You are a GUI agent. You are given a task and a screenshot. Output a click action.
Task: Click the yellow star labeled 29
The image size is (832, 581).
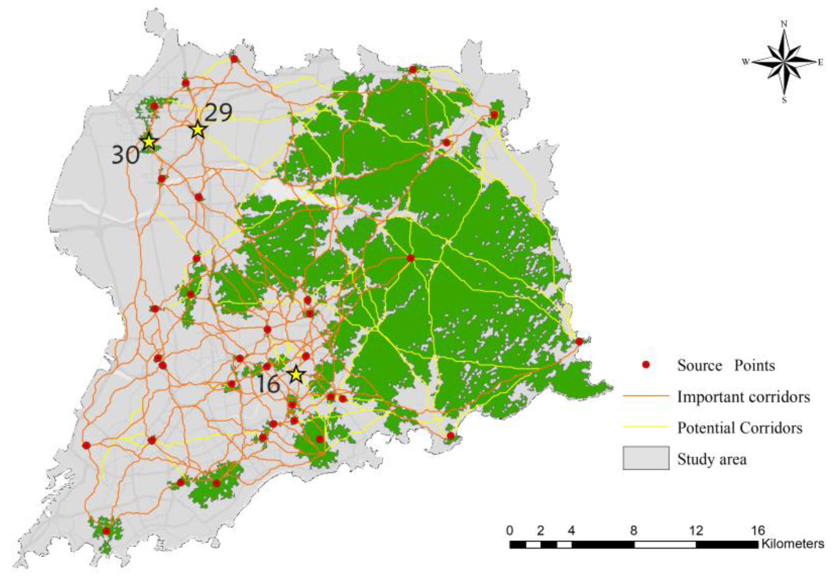click(198, 130)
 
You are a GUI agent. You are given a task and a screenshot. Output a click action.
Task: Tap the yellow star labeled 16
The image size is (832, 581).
click(296, 374)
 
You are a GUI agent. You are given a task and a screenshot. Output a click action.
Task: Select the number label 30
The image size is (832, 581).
click(125, 155)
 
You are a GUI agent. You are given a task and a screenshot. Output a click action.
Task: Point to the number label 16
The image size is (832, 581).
click(268, 384)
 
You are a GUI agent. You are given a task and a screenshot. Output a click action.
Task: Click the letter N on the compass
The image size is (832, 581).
click(784, 24)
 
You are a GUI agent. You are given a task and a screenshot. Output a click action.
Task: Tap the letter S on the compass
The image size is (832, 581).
click(784, 101)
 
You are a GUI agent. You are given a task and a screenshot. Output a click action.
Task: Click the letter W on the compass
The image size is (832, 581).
click(745, 62)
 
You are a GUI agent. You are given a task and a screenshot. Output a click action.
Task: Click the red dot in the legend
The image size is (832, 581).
click(645, 365)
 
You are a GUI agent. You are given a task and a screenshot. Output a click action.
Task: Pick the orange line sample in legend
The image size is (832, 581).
click(646, 396)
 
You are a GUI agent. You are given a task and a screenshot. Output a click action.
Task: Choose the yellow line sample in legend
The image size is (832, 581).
click(646, 427)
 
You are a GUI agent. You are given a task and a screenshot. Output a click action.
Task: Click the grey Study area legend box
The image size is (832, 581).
click(646, 458)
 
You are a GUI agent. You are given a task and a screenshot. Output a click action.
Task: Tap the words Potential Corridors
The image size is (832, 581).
click(740, 428)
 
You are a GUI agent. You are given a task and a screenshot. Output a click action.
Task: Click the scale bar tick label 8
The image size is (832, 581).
click(633, 531)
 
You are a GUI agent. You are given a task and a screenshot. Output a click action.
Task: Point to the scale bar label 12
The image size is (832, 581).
click(696, 531)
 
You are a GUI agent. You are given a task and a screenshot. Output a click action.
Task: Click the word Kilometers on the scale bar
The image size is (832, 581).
click(793, 544)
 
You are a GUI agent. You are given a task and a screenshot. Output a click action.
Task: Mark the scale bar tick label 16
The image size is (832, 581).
click(757, 531)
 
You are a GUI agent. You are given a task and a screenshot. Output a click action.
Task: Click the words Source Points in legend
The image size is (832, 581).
click(726, 365)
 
